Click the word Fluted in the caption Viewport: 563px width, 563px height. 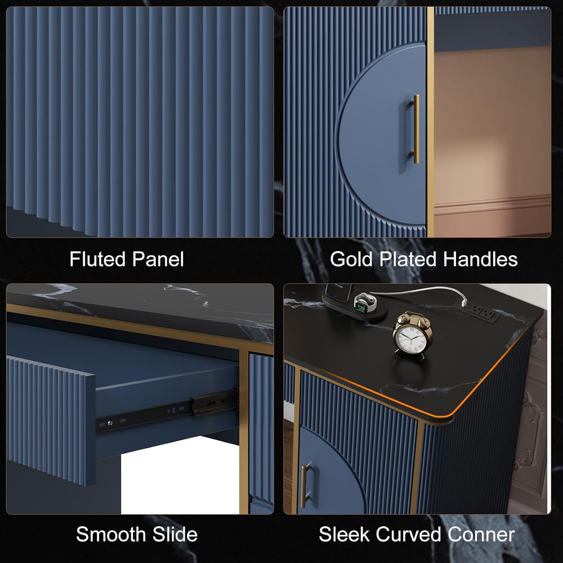[x=97, y=259]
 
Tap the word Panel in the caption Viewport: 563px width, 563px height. [x=158, y=259]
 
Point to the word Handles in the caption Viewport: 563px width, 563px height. [x=480, y=259]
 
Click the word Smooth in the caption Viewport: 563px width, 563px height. [x=111, y=534]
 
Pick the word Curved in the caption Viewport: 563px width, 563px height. [x=409, y=534]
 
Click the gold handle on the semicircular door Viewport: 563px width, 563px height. [x=415, y=129]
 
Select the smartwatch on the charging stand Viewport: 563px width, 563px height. [x=365, y=302]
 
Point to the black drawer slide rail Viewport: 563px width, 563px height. [x=167, y=411]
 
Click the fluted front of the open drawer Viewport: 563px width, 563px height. [x=51, y=420]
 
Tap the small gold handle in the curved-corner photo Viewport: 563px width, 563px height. [x=306, y=485]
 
